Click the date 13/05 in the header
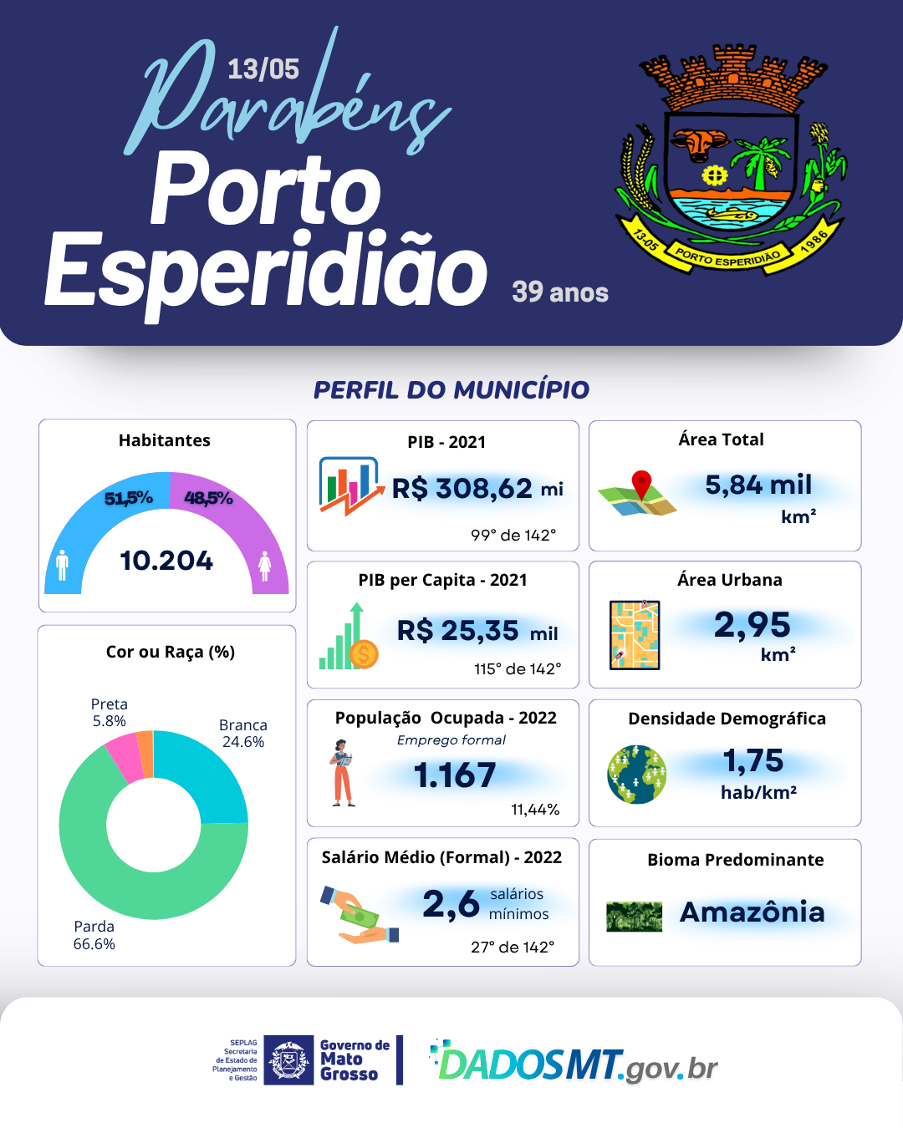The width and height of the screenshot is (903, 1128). [x=263, y=69]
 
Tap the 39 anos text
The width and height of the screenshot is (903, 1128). [x=559, y=292]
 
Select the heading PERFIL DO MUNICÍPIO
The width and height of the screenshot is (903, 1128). [x=451, y=389]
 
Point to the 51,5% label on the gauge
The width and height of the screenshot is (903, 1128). [x=128, y=498]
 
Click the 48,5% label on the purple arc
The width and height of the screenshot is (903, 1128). [x=208, y=498]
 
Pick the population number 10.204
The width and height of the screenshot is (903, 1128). [x=166, y=561]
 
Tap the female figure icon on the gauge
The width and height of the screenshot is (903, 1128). [x=264, y=566]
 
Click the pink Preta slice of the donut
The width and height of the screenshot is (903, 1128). [x=124, y=756]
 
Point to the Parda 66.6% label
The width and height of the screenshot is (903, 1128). [x=94, y=935]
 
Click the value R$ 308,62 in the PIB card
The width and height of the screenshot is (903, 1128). [x=462, y=489]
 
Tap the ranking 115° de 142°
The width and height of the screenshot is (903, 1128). [x=518, y=668]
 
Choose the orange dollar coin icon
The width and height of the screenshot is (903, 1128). [x=364, y=654]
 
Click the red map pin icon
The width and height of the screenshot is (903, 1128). [x=641, y=484]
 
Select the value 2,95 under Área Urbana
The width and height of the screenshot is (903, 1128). [x=752, y=625]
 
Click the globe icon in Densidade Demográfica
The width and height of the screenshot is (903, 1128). [x=637, y=775]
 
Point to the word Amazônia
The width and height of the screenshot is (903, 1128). [x=752, y=912]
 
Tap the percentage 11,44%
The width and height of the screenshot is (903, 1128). [x=535, y=809]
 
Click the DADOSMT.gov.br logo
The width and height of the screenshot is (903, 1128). [x=574, y=1063]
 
